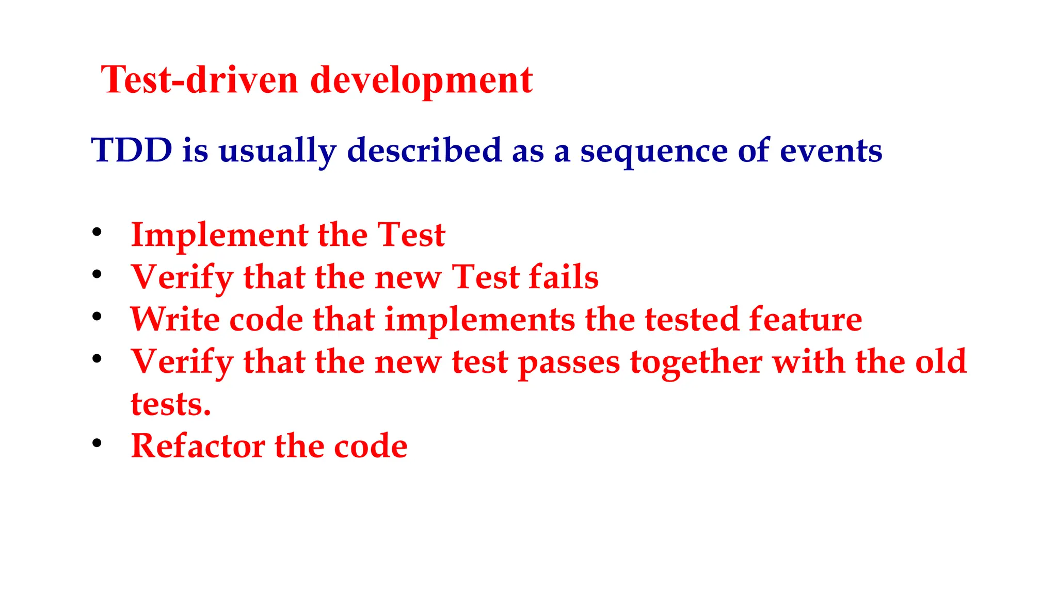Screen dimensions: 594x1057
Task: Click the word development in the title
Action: coord(421,81)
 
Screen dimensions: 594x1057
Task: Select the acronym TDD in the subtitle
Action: coord(132,151)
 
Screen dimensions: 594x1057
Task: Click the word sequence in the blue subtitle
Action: coord(653,152)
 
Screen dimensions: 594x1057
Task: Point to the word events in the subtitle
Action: coord(830,151)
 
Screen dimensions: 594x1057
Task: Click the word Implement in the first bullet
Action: coord(219,236)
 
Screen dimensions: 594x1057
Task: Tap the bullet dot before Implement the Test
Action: coord(97,232)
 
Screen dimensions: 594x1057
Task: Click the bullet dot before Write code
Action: coord(97,317)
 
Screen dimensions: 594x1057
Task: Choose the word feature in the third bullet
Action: coord(805,320)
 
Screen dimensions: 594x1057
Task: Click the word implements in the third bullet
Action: coord(479,320)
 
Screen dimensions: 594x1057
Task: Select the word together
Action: coord(696,362)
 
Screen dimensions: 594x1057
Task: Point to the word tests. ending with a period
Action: coord(171,404)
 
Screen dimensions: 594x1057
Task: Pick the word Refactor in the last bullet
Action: coord(198,446)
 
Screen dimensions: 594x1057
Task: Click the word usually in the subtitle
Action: coord(277,152)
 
